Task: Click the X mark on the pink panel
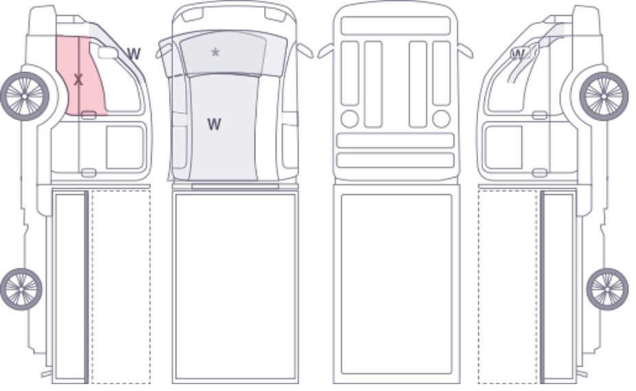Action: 78,80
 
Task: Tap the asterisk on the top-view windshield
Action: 215,52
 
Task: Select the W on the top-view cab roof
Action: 214,124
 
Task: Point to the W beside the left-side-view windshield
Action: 134,54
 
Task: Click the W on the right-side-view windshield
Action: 519,54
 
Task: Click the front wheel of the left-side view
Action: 25,96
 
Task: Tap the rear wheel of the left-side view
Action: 21,289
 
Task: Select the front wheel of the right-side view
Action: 604,96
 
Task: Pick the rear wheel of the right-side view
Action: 607,289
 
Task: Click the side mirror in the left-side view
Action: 108,53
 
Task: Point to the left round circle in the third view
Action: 350,119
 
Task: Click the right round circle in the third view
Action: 441,119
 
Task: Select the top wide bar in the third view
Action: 395,26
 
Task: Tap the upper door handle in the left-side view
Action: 89,115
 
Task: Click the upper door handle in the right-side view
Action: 539,115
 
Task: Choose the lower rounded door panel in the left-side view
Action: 125,147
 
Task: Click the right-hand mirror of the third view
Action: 465,51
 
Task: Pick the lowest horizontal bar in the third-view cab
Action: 395,161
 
